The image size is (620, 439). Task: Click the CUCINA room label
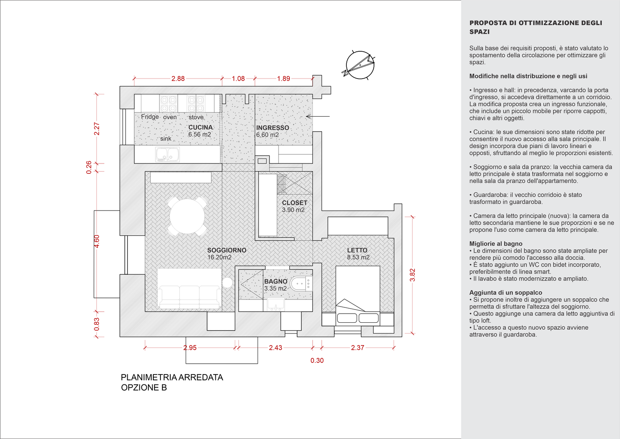coord(200,127)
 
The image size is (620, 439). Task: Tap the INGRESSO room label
coord(272,128)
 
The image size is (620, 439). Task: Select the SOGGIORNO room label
coord(227,250)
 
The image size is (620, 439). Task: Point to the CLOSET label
coord(294,203)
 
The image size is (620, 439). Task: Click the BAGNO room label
coord(275,281)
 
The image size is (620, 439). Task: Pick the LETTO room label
coord(357,250)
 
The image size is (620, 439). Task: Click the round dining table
coord(187,216)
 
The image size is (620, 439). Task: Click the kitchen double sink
coord(168,155)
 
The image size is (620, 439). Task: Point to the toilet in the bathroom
coord(299,284)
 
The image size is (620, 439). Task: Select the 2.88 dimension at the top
coord(178,79)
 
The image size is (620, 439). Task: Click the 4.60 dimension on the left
coord(97,241)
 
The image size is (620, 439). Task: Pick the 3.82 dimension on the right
coord(412,275)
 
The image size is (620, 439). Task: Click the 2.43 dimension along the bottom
coord(275,348)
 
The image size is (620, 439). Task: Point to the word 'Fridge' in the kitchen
coord(150,117)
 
